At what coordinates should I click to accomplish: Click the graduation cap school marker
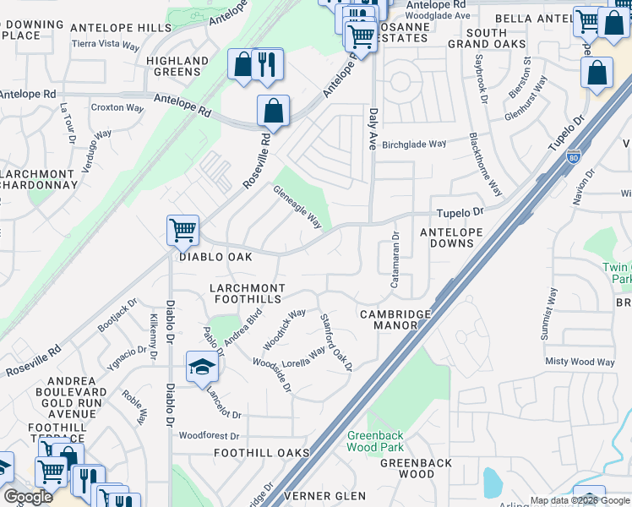[x=203, y=368]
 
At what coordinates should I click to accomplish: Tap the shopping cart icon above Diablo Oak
[x=183, y=229]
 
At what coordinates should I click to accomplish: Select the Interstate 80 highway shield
[x=574, y=157]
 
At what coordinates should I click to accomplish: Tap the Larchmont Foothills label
[x=248, y=294]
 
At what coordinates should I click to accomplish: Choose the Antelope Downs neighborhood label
[x=451, y=237]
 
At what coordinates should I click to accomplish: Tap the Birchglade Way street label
[x=414, y=144]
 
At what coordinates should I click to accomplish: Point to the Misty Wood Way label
[x=580, y=362]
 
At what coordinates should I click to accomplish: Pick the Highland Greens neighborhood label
[x=177, y=66]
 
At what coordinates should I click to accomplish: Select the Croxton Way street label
[x=117, y=107]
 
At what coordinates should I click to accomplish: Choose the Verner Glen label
[x=326, y=494]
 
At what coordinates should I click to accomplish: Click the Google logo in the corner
[x=28, y=497]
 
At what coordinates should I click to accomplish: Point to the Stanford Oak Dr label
[x=335, y=342]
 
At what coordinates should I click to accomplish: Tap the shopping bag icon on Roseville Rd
[x=273, y=111]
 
